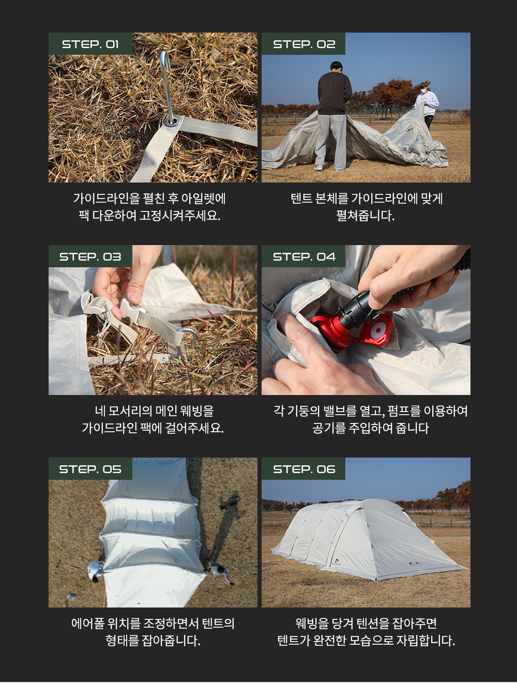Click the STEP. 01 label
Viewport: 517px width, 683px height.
click(90, 44)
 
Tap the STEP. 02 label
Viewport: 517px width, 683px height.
click(303, 44)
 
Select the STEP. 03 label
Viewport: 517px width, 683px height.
click(90, 256)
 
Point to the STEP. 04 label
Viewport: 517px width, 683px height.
click(303, 256)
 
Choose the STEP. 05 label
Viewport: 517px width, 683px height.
click(90, 469)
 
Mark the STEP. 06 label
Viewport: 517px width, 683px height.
click(303, 469)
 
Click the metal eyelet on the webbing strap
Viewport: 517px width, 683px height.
click(172, 120)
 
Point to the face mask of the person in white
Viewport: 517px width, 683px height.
click(423, 91)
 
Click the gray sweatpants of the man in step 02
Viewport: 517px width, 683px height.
click(331, 141)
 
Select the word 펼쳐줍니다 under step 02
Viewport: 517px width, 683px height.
click(365, 215)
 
